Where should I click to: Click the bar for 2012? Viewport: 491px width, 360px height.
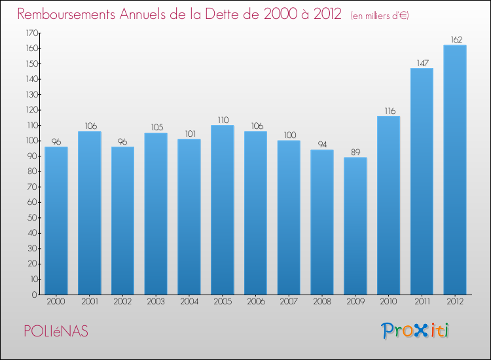pos(454,170)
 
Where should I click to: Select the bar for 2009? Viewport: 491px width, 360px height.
pos(355,226)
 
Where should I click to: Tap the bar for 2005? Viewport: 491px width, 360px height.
pos(222,209)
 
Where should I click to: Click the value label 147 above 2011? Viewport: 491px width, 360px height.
pos(421,63)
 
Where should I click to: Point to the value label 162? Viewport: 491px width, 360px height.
pos(454,40)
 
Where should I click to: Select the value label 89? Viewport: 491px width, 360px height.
pos(355,153)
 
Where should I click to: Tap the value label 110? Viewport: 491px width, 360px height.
pos(222,120)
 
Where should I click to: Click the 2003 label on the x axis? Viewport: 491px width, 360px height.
pos(156,302)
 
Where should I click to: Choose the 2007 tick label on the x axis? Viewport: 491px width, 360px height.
pos(289,302)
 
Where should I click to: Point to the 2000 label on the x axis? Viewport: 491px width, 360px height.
pos(56,302)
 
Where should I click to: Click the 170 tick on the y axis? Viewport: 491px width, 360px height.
pos(31,33)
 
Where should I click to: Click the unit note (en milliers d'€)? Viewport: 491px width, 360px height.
pos(371,16)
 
